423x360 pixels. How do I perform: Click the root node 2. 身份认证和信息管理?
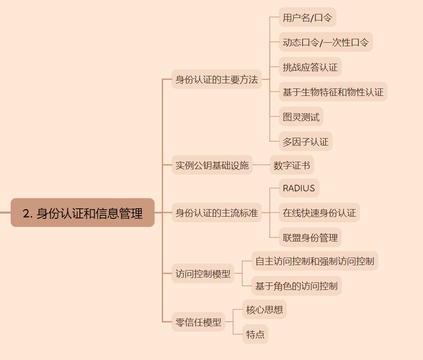click(82, 213)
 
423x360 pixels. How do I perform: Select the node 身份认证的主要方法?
click(216, 79)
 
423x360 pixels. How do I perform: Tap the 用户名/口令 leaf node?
click(307, 17)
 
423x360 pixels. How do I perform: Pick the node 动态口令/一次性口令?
click(326, 42)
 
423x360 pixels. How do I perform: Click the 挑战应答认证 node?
click(310, 67)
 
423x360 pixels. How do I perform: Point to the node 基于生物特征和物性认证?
click(333, 92)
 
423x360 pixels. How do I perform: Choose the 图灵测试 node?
click(301, 117)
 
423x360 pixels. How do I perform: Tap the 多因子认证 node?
click(305, 142)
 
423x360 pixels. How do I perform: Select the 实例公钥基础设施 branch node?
click(212, 165)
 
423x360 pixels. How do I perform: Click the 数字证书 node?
click(292, 165)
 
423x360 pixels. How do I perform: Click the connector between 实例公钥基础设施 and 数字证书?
click(261, 165)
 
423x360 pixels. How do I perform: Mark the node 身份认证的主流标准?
click(216, 213)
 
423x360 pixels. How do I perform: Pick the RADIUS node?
click(299, 188)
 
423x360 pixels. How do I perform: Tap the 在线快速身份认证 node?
click(319, 213)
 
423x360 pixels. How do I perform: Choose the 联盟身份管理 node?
click(310, 238)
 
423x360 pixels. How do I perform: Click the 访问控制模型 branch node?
click(203, 274)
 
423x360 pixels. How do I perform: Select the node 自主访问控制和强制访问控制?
click(314, 261)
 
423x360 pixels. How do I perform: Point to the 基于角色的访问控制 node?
click(296, 286)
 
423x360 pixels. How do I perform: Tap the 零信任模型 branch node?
click(198, 322)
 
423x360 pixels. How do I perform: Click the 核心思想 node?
click(264, 309)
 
